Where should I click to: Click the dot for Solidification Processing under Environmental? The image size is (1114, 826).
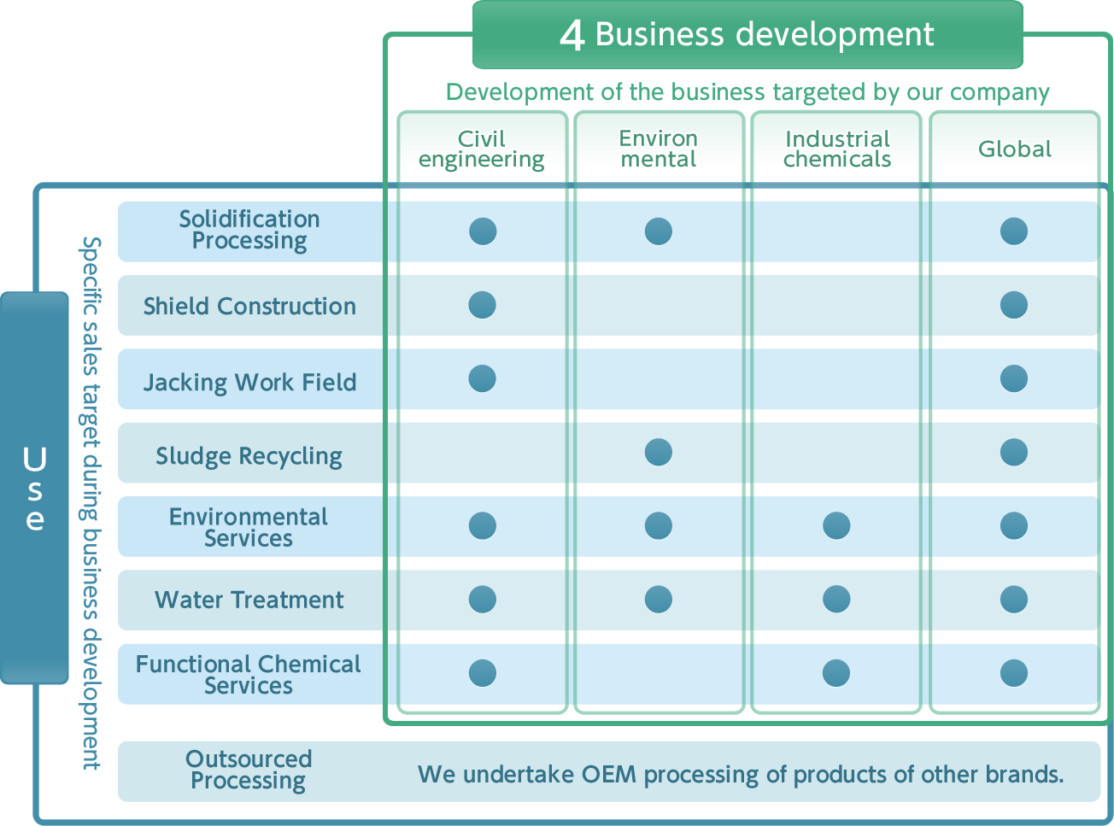(x=659, y=231)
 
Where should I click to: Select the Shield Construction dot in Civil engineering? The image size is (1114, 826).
(x=482, y=305)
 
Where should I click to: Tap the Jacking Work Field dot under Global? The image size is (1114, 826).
(x=1013, y=378)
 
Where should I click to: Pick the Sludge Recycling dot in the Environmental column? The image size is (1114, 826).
(x=659, y=452)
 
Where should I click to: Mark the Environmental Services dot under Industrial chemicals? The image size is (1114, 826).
(x=836, y=525)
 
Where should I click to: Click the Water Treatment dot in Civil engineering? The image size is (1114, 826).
(x=482, y=600)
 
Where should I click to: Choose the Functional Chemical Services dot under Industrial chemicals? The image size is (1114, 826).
(x=836, y=673)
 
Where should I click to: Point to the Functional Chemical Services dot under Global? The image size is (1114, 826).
(x=1013, y=673)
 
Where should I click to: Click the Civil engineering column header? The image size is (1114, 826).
(x=482, y=149)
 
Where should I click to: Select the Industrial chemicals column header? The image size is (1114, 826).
(x=837, y=149)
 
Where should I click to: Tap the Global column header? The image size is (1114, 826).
(x=1015, y=149)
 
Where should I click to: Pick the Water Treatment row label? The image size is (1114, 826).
(x=249, y=600)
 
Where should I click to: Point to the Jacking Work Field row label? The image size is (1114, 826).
(x=249, y=383)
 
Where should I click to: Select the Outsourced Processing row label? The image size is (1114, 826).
(x=249, y=770)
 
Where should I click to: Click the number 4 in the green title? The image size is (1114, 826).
(x=572, y=35)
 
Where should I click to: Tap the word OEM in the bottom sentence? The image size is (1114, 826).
(x=609, y=774)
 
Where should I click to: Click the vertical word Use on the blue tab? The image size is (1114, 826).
(x=35, y=488)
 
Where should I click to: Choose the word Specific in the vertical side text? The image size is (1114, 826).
(x=91, y=277)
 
